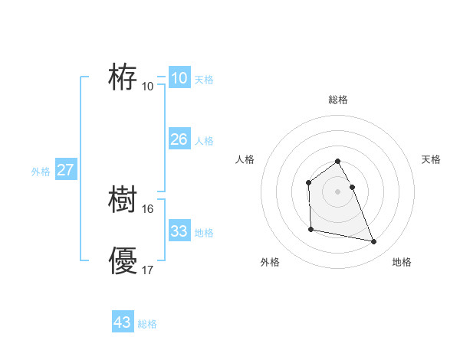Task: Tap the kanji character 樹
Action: click(x=123, y=201)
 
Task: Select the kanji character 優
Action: click(x=123, y=261)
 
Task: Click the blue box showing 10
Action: click(x=179, y=78)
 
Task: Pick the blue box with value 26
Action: click(x=179, y=139)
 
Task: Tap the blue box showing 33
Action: click(x=179, y=231)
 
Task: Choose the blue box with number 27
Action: click(x=65, y=170)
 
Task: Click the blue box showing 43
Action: click(x=123, y=322)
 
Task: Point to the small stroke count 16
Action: click(x=148, y=208)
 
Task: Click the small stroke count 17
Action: click(x=148, y=270)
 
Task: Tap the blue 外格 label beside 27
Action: click(x=41, y=172)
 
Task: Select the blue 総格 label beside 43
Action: click(x=147, y=324)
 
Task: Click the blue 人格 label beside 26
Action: click(x=204, y=141)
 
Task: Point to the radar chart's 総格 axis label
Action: click(x=338, y=100)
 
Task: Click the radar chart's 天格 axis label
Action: click(x=431, y=159)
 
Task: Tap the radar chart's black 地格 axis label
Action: click(x=402, y=262)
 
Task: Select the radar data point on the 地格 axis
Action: click(x=374, y=242)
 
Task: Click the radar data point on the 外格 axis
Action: click(x=310, y=229)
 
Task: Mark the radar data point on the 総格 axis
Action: click(x=338, y=162)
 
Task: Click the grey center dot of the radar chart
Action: click(x=338, y=191)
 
